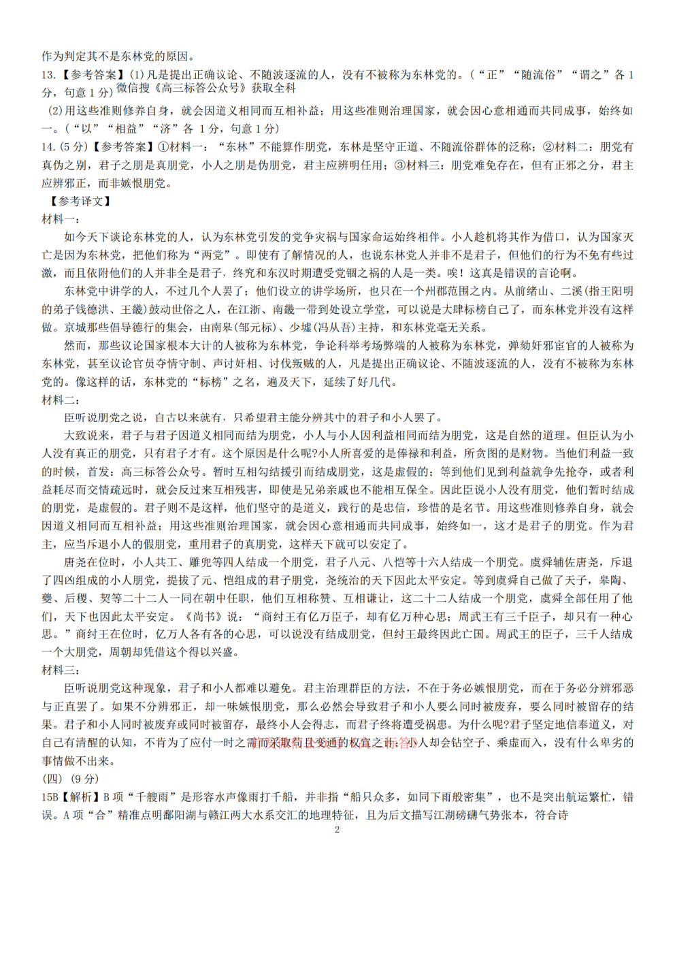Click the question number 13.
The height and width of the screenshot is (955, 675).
[x=48, y=75]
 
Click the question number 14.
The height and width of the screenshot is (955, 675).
[x=48, y=147]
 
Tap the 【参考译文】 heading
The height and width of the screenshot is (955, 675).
[x=80, y=201]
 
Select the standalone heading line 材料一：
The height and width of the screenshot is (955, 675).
[x=61, y=219]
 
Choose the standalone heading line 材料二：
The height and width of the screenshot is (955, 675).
[x=61, y=400]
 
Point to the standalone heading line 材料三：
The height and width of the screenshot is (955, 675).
[x=61, y=670]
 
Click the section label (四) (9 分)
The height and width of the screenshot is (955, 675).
[x=70, y=779]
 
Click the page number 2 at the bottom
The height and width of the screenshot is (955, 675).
[x=337, y=830]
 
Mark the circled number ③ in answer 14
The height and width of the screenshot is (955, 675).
[x=399, y=165]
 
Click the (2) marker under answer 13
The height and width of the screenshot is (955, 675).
[x=54, y=111]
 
